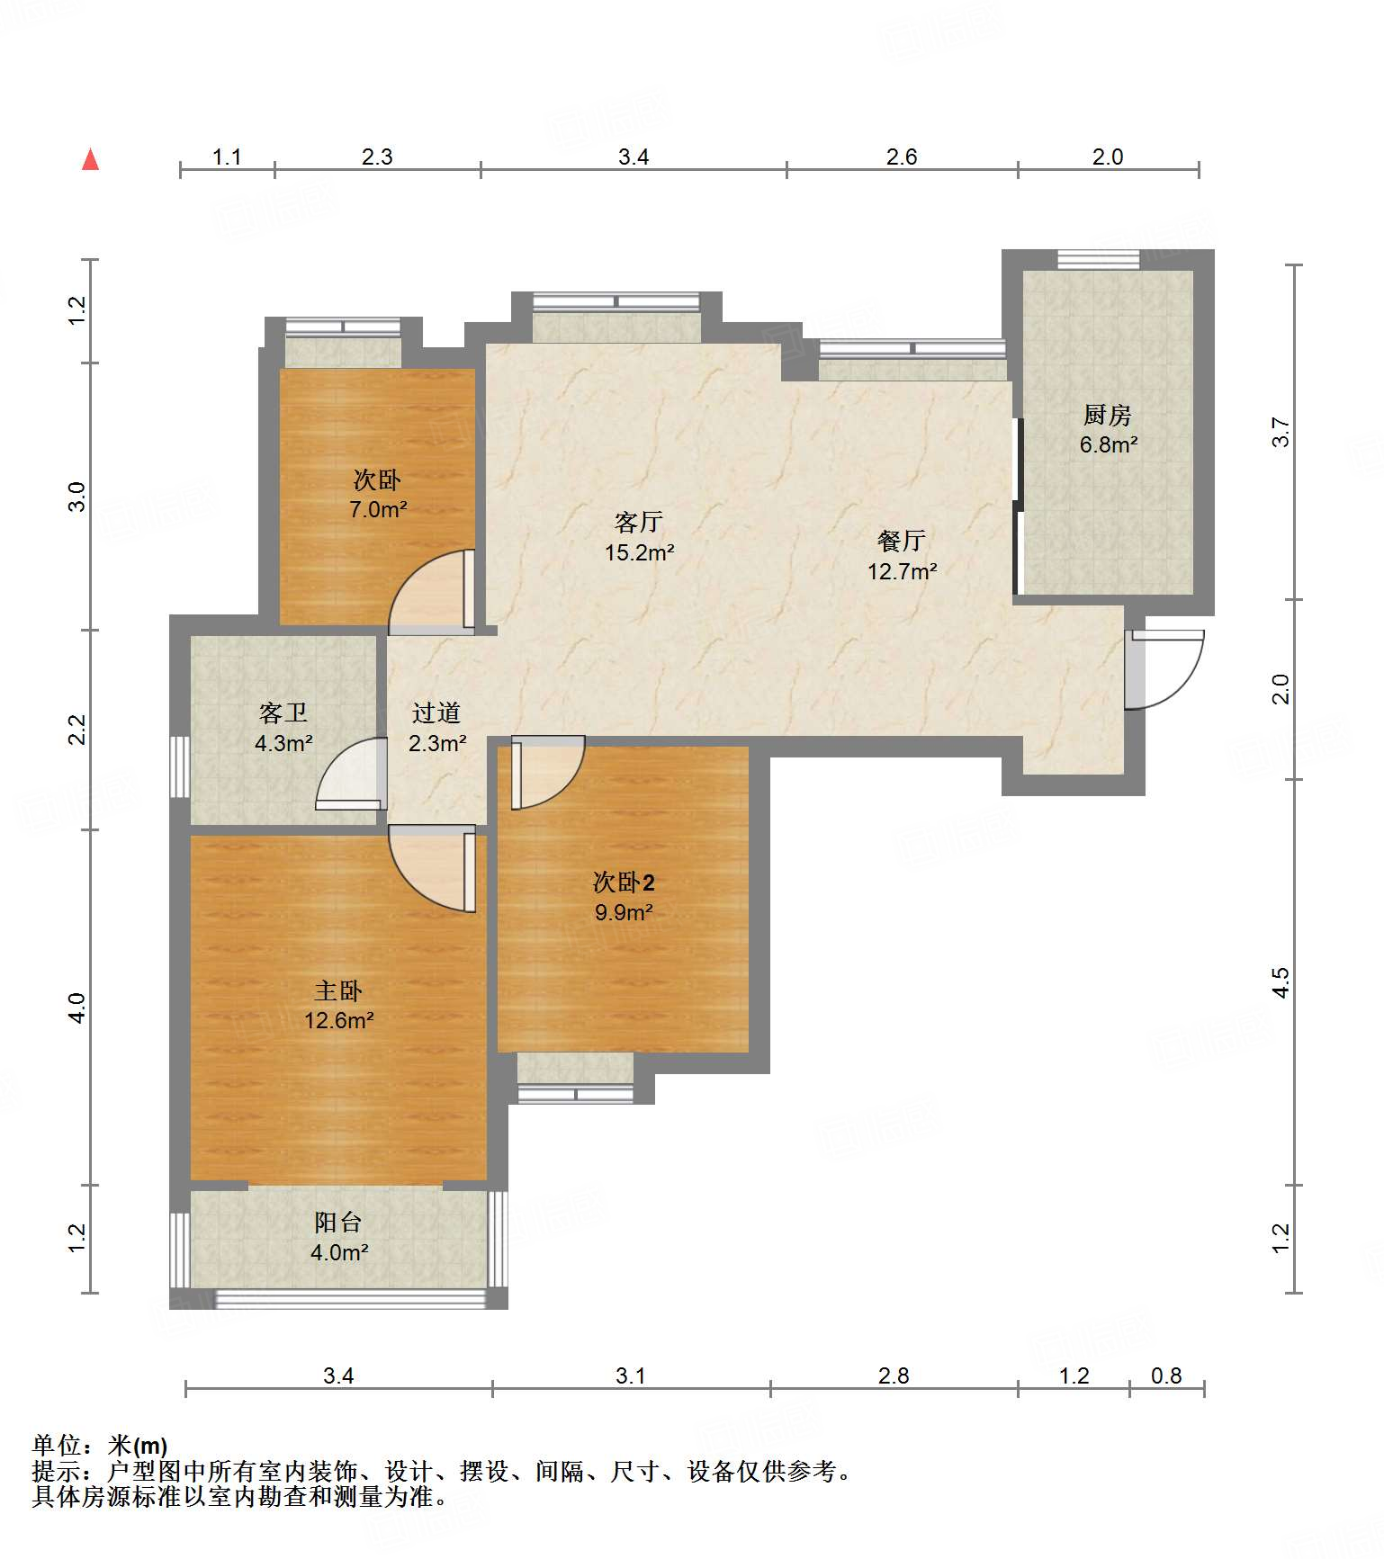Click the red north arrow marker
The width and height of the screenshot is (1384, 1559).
click(90, 159)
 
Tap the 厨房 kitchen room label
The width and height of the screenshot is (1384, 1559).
click(1107, 415)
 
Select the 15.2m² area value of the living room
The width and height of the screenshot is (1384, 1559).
click(640, 552)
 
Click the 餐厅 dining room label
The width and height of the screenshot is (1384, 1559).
click(902, 541)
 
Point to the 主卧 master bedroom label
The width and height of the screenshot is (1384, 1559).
click(338, 990)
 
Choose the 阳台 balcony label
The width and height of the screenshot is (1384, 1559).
click(338, 1222)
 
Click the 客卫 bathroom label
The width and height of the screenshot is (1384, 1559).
click(283, 713)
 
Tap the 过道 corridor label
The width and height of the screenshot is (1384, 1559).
click(436, 713)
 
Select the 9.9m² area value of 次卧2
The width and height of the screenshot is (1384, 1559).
click(624, 912)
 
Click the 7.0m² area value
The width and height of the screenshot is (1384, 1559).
click(379, 509)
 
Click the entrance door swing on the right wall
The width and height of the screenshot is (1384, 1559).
click(1164, 668)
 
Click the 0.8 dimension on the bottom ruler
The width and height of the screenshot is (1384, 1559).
click(1166, 1375)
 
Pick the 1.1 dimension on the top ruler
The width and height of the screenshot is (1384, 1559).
click(227, 157)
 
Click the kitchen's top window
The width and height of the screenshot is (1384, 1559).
click(1098, 260)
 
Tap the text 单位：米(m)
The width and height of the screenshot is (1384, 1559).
click(100, 1446)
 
